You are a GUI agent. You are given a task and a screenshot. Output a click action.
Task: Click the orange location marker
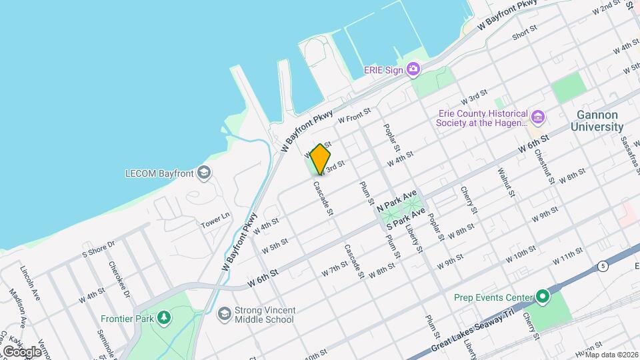click(321, 159)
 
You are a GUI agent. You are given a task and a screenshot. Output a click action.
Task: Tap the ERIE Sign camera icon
click(413, 69)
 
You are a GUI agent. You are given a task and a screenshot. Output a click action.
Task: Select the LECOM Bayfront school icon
click(203, 174)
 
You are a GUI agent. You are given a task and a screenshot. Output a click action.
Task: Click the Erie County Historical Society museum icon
click(539, 119)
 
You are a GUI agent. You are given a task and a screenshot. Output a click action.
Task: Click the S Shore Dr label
click(99, 248)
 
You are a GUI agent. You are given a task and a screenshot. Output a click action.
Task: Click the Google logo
click(22, 351)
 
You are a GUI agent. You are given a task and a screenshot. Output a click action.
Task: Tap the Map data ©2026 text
click(611, 355)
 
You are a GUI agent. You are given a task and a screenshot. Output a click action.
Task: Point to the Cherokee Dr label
click(118, 273)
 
